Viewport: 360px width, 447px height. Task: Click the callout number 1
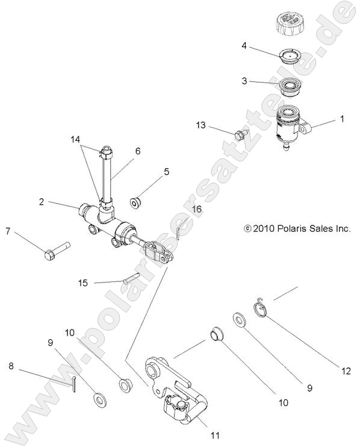(342, 119)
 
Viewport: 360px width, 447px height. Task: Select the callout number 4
(244, 46)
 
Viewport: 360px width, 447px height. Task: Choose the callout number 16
(196, 208)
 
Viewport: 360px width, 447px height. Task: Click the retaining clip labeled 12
(260, 308)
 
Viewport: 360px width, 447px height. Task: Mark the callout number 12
(346, 372)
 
